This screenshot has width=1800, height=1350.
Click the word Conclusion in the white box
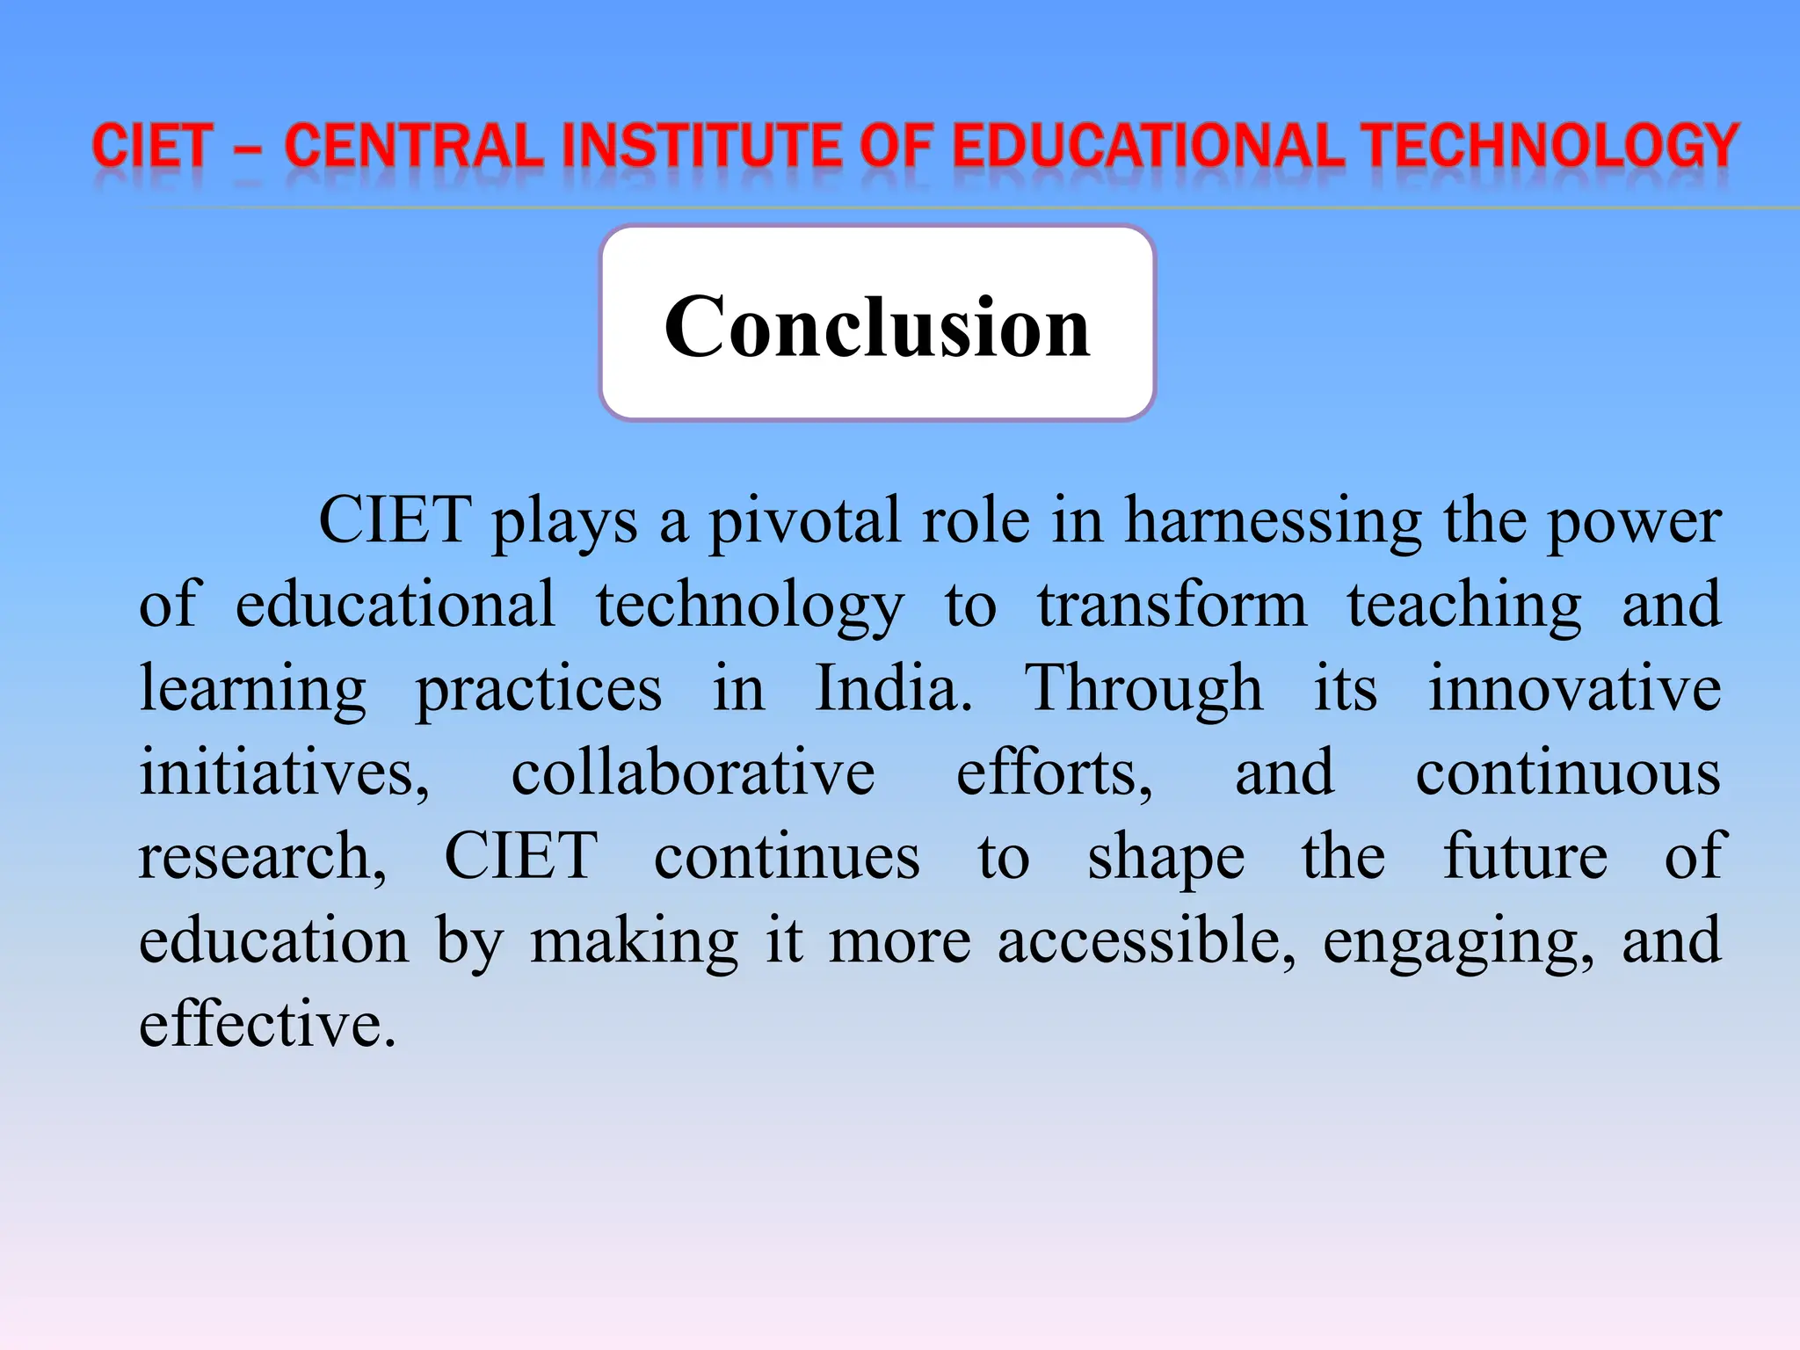coord(877,327)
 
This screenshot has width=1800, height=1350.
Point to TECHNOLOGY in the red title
coord(1552,146)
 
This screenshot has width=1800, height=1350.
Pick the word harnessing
coord(1273,521)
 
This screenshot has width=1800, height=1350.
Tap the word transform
coord(1172,605)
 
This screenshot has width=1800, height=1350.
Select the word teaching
coord(1464,606)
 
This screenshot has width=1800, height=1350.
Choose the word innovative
coord(1574,688)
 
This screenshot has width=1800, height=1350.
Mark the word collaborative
coord(693,773)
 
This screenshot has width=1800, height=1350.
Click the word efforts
coord(1053,773)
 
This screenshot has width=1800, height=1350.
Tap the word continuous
coord(1568,773)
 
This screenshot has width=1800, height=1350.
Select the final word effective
coord(266,1025)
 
